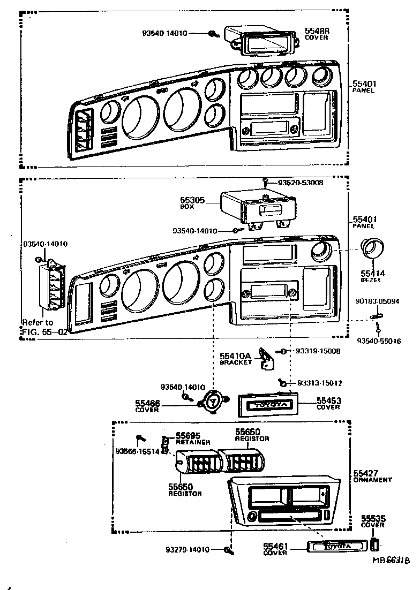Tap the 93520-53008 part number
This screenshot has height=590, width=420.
pos(299,183)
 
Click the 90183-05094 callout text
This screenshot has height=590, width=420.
pos(377,302)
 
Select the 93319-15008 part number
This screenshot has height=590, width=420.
pos(318,351)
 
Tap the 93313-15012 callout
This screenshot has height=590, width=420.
pos(319,383)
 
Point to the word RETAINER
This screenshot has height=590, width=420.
pos(193,442)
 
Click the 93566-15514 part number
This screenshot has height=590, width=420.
pos(137,451)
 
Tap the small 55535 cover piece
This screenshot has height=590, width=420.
pos(376,545)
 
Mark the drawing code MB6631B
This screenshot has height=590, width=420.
pos(392,559)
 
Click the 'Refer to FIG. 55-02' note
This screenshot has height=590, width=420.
pos(44,327)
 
